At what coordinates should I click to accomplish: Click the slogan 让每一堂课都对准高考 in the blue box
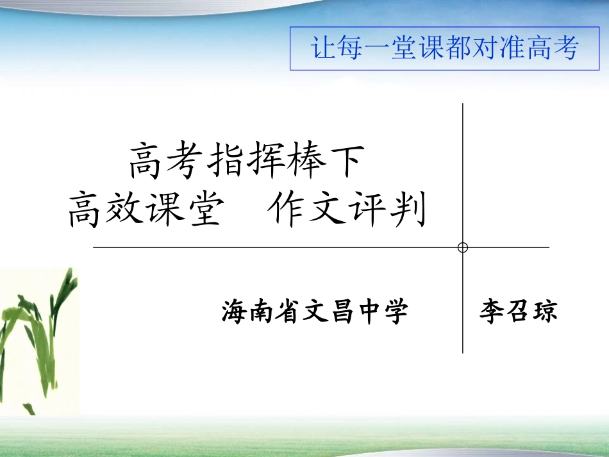point(445,48)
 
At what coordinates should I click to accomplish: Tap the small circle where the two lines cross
point(463,247)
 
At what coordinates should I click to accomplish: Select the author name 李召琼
point(518,312)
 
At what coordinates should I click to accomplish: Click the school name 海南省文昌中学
point(315,313)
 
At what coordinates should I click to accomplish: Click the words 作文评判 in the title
point(347,211)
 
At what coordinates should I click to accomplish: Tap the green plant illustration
point(38,340)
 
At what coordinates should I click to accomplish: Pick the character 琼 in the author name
point(545,312)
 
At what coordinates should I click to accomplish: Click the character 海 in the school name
point(235,313)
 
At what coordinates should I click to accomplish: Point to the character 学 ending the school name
point(395,313)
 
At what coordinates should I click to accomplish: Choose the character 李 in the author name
point(492,312)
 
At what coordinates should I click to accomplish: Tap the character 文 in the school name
point(315,313)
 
